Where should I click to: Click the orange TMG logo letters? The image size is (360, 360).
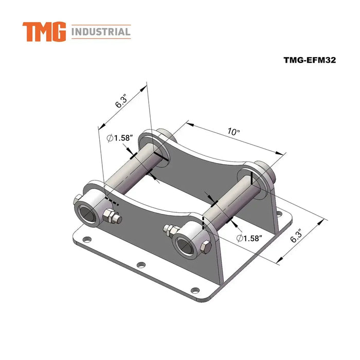pos(44,32)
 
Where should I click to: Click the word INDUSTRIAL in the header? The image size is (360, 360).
pos(101,32)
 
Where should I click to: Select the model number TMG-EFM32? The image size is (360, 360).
pos(309,60)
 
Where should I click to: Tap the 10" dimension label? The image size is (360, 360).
pos(233,132)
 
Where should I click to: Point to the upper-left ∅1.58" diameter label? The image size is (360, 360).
pos(120,138)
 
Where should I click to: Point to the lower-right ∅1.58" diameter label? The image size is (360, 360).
pos(249,238)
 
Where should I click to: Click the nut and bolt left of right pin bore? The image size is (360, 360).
pos(168,229)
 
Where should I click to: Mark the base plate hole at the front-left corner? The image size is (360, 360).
pos(86,239)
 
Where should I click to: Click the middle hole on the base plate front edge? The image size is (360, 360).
pos(140,265)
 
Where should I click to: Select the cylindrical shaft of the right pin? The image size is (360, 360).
pos(226,206)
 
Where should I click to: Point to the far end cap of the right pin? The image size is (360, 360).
pos(262,170)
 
